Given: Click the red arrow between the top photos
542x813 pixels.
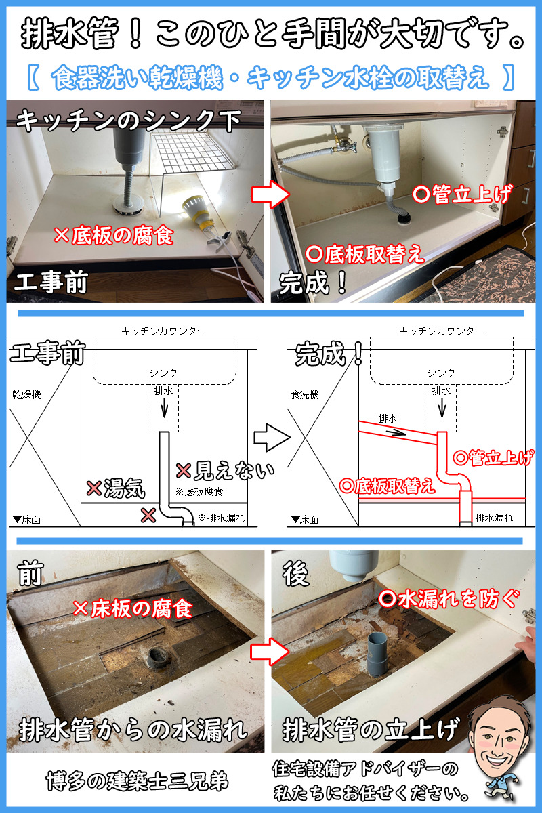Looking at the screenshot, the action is pos(270,194).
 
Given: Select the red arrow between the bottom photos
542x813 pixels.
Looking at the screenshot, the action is pos(270,651).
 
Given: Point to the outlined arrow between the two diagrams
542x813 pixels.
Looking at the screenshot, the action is pos(272,437).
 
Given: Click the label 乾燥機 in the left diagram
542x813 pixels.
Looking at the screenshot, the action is pos(27,394).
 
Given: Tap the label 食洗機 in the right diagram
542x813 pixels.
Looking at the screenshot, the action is pos(305,394).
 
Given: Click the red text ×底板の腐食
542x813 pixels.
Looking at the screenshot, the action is pos(114,236).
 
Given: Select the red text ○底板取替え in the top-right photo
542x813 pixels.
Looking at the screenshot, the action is pos(364,254).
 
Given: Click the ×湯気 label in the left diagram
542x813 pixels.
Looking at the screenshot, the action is pos(116,488).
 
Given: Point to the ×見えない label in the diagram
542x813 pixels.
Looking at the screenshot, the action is pos(225,471).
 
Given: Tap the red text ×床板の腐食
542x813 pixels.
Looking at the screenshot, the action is pos(133,608).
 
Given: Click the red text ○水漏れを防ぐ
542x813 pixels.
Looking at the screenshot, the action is pos(449,598).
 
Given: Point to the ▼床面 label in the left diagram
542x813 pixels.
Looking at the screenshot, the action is pos(27,520).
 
